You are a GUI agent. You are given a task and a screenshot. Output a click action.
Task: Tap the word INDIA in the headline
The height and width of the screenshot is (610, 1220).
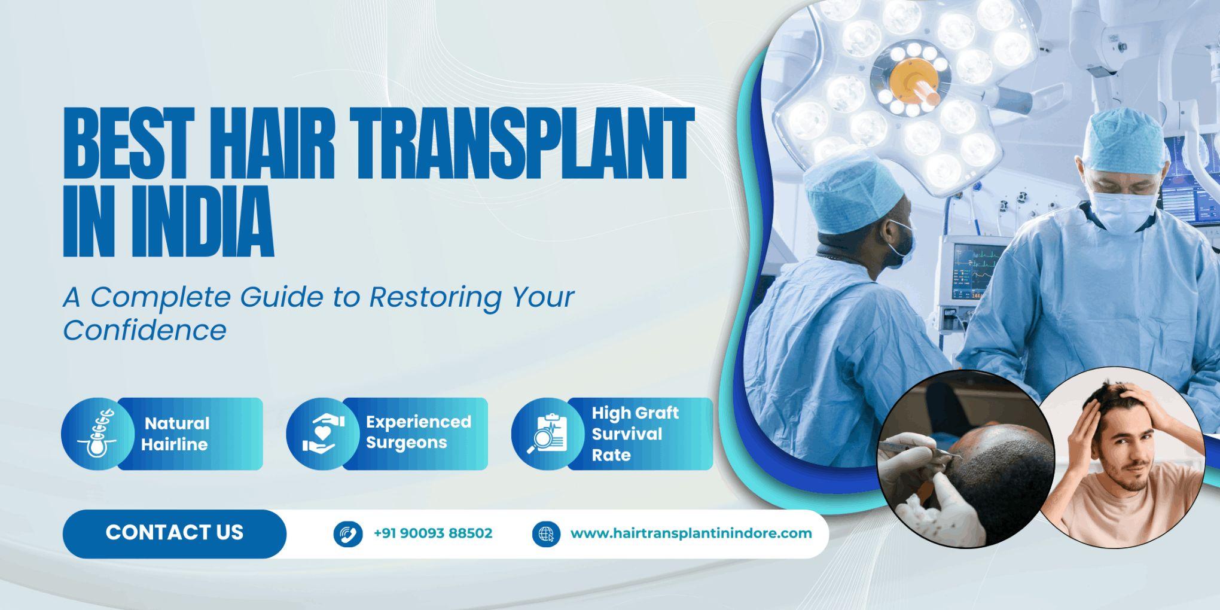(x=206, y=222)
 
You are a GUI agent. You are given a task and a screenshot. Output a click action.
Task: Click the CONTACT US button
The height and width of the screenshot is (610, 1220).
(x=174, y=533)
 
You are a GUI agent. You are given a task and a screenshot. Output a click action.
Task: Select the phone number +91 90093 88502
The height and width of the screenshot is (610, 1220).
(x=432, y=533)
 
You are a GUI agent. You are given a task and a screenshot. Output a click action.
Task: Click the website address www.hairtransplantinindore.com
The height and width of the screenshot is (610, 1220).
(x=691, y=533)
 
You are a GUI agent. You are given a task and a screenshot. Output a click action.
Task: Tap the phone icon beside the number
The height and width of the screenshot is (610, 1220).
(x=347, y=533)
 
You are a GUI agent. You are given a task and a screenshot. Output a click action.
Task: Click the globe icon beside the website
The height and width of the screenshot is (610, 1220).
(x=546, y=533)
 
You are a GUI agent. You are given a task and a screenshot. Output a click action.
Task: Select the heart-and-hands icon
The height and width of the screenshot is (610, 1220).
(x=323, y=434)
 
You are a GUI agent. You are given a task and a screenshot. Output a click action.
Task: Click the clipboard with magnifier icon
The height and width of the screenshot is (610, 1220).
(x=547, y=434)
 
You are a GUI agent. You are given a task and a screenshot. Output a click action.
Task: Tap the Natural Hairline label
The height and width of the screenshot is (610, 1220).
(x=176, y=434)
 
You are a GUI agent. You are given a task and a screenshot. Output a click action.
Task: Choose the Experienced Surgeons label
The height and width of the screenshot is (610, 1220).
(x=418, y=432)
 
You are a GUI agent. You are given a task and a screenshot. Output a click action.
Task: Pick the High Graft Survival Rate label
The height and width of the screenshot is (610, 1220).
(x=635, y=434)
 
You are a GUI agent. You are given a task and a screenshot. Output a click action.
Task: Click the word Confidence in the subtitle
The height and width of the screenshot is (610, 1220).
(x=145, y=330)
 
